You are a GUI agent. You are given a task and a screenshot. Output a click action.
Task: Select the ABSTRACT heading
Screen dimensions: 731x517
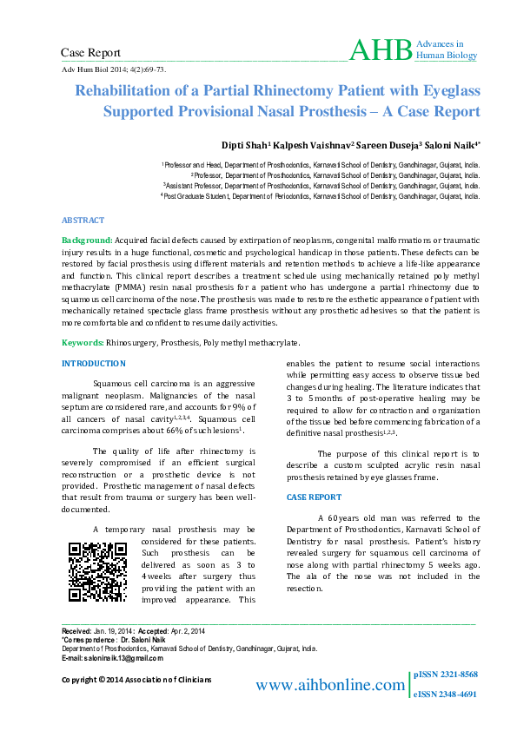(x=83, y=221)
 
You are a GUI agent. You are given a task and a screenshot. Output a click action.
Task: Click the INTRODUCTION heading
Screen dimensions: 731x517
(x=93, y=362)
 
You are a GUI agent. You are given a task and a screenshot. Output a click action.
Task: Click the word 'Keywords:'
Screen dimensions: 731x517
(x=83, y=344)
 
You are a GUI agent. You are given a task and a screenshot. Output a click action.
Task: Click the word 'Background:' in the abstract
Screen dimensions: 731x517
(x=87, y=239)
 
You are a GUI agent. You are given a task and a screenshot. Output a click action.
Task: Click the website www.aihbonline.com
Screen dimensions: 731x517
(x=329, y=686)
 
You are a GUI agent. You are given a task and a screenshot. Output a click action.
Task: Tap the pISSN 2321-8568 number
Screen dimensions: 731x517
(x=446, y=675)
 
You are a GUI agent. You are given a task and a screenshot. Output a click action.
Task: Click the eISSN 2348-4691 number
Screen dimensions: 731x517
(x=446, y=695)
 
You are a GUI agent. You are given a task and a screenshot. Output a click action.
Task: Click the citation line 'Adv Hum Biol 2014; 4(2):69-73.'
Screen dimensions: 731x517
(x=114, y=69)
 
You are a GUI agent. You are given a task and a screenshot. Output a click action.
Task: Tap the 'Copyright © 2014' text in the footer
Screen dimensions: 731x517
(x=95, y=679)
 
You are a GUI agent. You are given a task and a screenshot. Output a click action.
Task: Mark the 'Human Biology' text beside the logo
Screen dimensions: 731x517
(x=447, y=56)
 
